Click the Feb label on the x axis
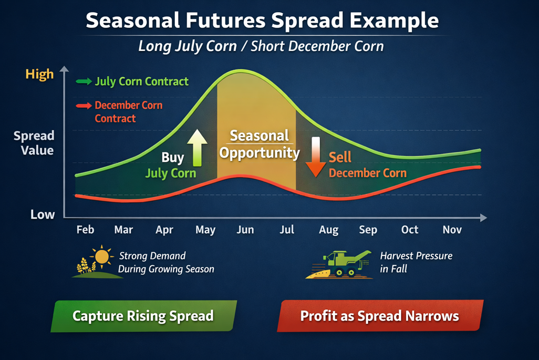click(85, 229)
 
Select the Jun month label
click(245, 229)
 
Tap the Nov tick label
click(452, 229)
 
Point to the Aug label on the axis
click(329, 230)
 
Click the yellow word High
click(39, 74)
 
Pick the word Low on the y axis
click(43, 214)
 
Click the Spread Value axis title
click(34, 143)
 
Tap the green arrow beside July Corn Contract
click(84, 81)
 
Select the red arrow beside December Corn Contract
click(84, 106)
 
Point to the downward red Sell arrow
click(316, 157)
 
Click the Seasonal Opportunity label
click(260, 144)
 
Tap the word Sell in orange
click(340, 157)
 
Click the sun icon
click(102, 256)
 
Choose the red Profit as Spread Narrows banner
click(380, 316)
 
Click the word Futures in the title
click(225, 20)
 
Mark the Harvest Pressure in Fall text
click(416, 262)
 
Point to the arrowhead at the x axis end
click(483, 218)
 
